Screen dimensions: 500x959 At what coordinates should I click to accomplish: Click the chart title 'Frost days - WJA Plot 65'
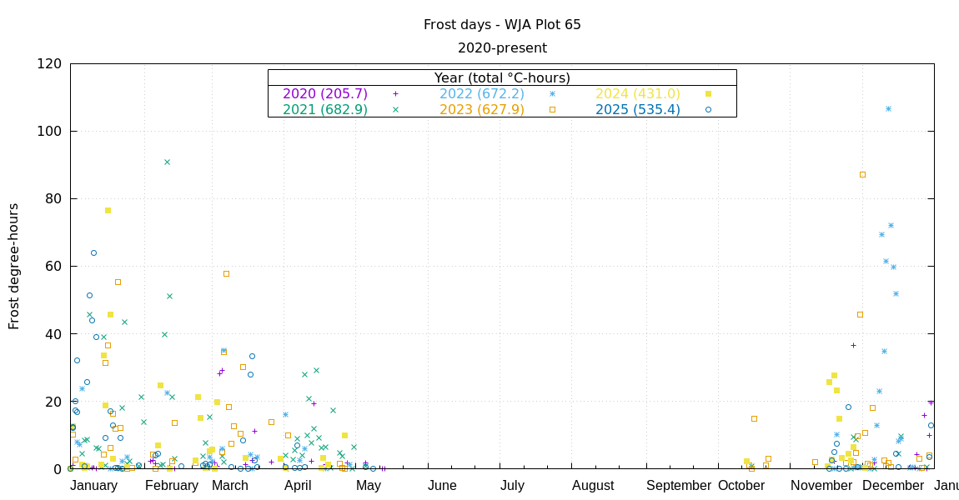[502, 25]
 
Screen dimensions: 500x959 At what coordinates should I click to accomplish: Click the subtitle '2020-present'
[502, 48]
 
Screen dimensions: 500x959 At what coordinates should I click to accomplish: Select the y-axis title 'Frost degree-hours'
[14, 266]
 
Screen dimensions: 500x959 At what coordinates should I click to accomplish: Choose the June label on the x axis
[442, 486]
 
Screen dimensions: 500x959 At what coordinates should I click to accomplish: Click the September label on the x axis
[678, 486]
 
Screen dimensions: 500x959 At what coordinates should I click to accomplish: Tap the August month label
[593, 486]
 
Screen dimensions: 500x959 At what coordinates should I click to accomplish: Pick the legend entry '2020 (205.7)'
[325, 94]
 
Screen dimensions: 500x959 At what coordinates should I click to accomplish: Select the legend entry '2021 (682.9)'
[325, 109]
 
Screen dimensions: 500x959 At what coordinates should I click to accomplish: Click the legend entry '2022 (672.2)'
[482, 94]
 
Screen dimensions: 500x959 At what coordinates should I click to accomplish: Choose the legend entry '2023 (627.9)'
[482, 109]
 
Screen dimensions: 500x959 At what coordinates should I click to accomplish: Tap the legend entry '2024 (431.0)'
[638, 94]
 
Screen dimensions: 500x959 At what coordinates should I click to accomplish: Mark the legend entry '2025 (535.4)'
[638, 109]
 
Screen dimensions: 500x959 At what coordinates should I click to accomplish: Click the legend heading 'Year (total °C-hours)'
[502, 77]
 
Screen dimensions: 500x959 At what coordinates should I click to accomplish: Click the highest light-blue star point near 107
[888, 108]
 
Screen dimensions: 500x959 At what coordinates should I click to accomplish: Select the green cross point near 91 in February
[167, 162]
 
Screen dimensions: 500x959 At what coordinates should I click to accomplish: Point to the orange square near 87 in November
[862, 174]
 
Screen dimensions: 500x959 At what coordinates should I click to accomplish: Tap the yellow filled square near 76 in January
[108, 210]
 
